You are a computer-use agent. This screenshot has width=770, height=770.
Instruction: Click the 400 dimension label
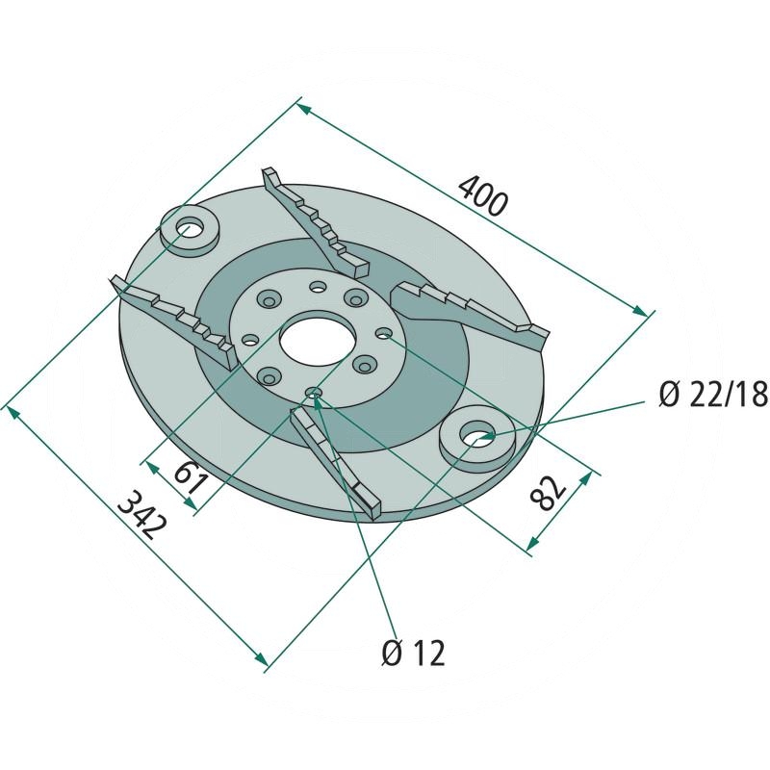pyautogui.click(x=482, y=196)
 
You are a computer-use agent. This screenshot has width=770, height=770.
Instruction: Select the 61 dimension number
pyautogui.click(x=190, y=478)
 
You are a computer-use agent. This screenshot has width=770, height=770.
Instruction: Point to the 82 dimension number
pyautogui.click(x=548, y=492)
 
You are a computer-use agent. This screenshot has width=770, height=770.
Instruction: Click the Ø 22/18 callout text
pyautogui.click(x=712, y=395)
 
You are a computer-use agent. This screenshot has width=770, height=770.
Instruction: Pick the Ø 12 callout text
pyautogui.click(x=413, y=654)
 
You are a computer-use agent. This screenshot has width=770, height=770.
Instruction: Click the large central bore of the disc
pyautogui.click(x=318, y=341)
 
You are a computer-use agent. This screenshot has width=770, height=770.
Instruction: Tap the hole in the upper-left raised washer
pyautogui.click(x=189, y=228)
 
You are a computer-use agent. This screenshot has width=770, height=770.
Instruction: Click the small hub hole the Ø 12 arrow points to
pyautogui.click(x=314, y=393)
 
